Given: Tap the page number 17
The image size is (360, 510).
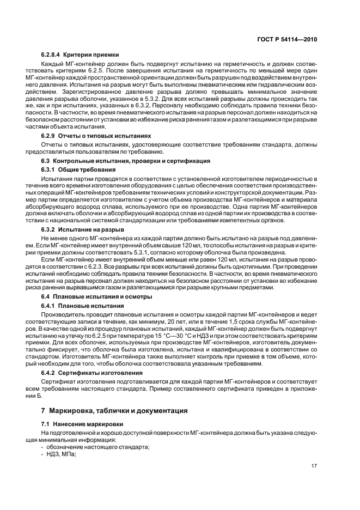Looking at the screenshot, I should pyautogui.click(x=314, y=466).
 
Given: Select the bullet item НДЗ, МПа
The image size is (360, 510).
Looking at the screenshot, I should pyautogui.click(x=60, y=454).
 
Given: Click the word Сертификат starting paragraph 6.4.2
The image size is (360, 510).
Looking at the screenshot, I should pyautogui.click(x=58, y=381).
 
